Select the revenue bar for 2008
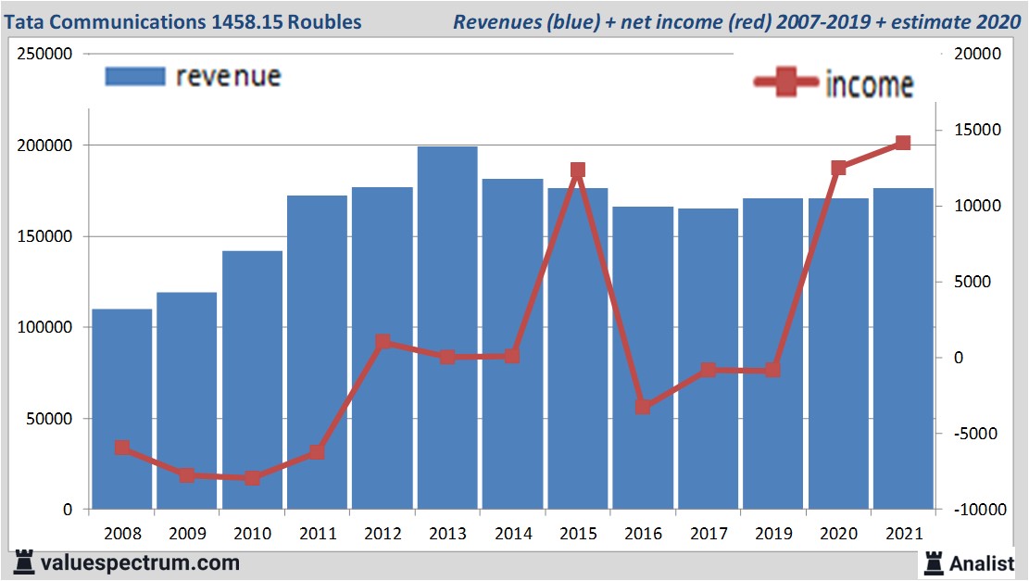(x=122, y=409)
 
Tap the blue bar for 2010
(x=252, y=380)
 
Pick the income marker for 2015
(x=578, y=171)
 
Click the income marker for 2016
(x=643, y=407)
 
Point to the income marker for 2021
(x=903, y=143)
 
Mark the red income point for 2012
(x=383, y=342)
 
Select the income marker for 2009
(x=187, y=475)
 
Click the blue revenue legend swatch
(x=135, y=76)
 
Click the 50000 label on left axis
(x=53, y=419)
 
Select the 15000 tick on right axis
(x=969, y=131)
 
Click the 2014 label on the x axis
(x=512, y=535)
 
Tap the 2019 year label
(x=772, y=535)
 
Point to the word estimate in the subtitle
(x=929, y=21)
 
